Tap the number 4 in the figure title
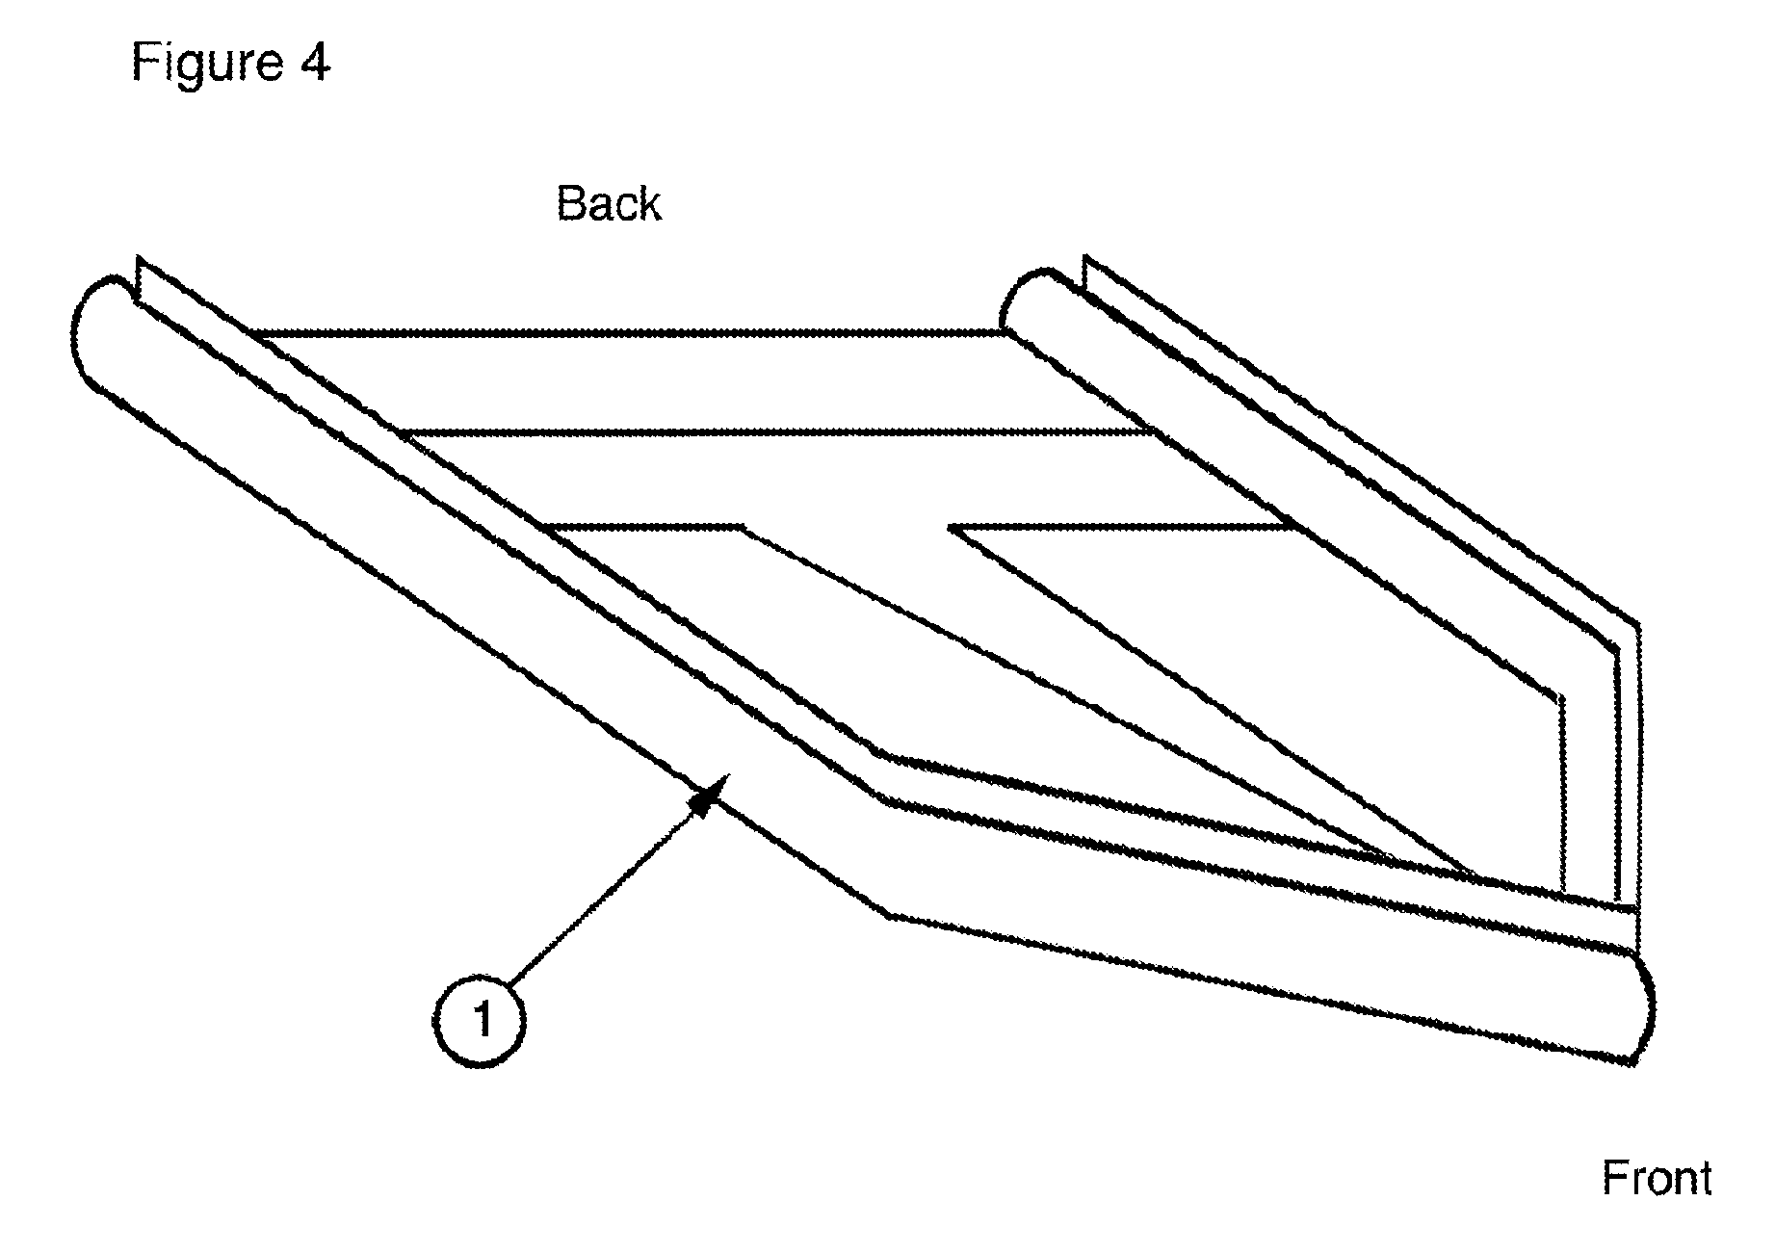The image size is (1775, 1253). [314, 63]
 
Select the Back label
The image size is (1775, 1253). [609, 204]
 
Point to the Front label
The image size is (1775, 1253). [1657, 1178]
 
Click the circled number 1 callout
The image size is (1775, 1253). [479, 1019]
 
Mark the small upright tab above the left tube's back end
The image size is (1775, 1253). [142, 280]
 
